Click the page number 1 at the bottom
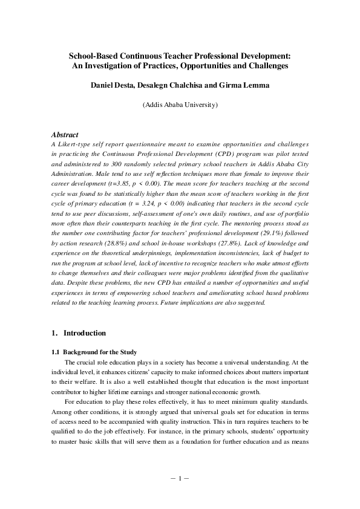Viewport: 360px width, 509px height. [x=180, y=478]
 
